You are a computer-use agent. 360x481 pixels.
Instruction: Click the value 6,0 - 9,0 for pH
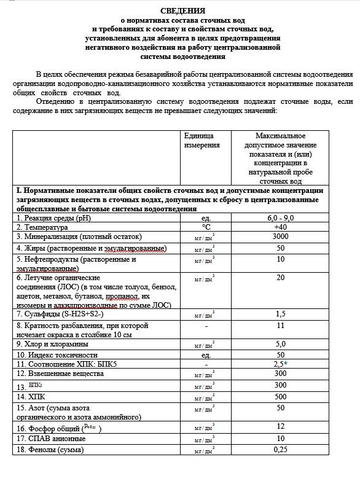[x=280, y=218]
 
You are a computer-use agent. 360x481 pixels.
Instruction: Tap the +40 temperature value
[x=280, y=227]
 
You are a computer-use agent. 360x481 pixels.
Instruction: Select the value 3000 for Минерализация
[x=280, y=237]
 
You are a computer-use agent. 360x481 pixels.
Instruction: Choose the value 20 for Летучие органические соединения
[x=280, y=278]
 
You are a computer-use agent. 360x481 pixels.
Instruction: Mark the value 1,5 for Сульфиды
[x=280, y=315]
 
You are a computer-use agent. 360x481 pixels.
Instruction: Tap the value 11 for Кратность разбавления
[x=280, y=326]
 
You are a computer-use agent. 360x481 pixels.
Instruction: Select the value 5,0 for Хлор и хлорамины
[x=280, y=345]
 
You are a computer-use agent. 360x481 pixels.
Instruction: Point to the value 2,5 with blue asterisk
[x=282, y=364]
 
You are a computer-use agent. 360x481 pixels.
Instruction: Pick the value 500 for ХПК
[x=280, y=397]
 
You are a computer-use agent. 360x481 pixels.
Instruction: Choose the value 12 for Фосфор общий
[x=280, y=426]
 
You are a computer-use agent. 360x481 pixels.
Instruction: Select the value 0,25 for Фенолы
[x=280, y=450]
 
